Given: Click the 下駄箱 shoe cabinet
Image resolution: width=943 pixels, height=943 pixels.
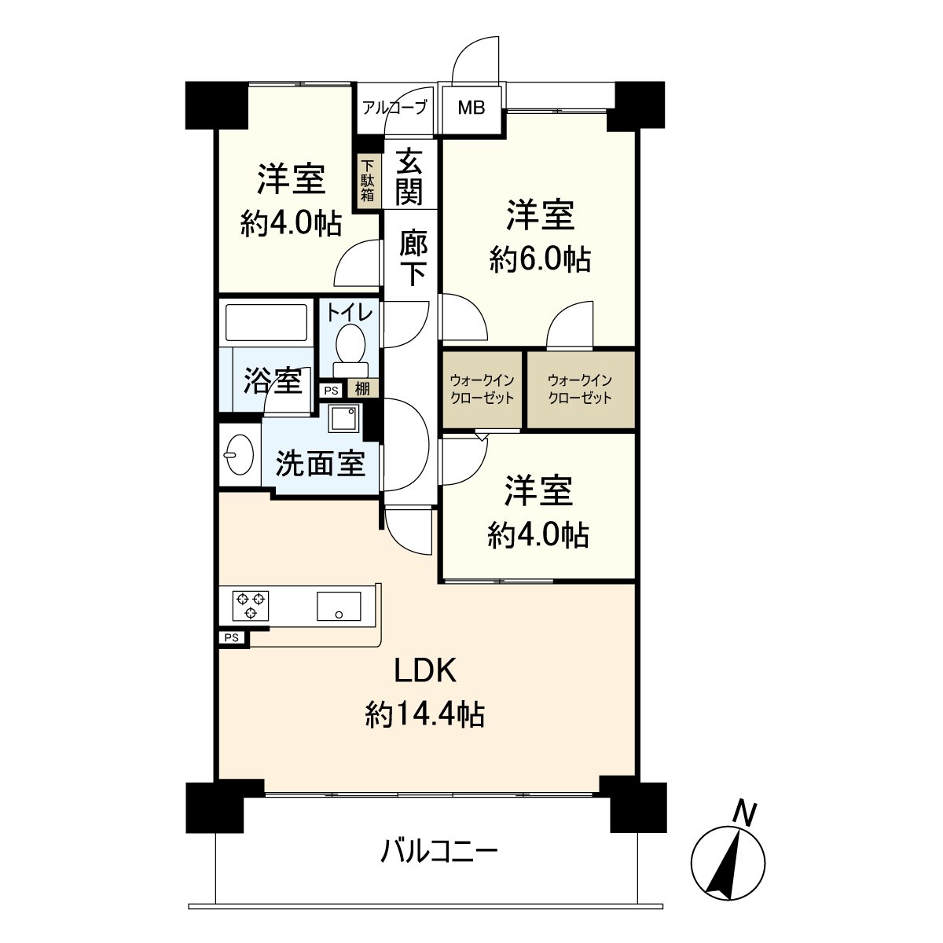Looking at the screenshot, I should point(368,180).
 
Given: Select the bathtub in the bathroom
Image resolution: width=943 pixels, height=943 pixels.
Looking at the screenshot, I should point(266,322).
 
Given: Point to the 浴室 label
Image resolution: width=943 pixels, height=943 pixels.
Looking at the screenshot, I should point(272,381).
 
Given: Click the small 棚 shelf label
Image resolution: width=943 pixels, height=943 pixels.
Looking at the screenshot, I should point(362,388).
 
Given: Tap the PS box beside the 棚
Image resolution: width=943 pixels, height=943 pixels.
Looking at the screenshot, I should point(331,389).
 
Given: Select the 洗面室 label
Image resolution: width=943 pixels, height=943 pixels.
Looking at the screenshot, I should point(320,464).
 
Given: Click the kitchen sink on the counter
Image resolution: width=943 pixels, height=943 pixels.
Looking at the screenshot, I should point(339,606).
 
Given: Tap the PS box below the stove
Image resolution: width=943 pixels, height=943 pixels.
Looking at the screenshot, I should point(232,638).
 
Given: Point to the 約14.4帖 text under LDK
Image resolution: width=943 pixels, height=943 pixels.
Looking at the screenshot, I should point(424,714).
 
